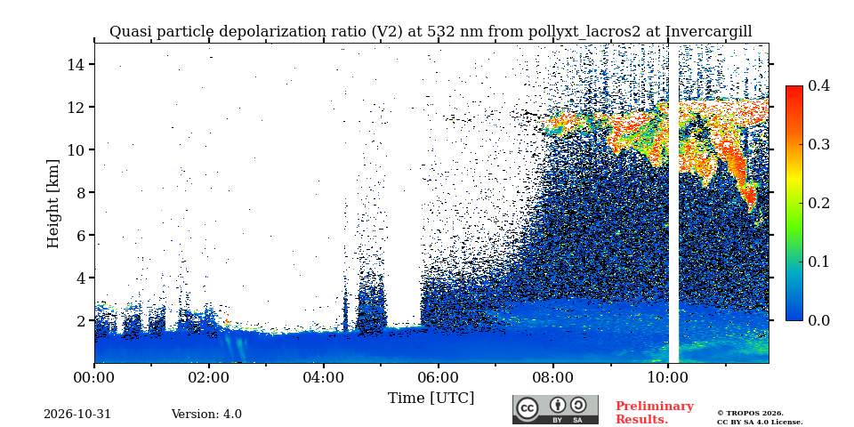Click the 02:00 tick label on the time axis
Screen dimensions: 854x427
pos(209,377)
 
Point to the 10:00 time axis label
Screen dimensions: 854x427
pos(668,377)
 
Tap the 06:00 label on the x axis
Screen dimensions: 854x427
pos(439,377)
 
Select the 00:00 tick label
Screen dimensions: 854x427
pos(95,377)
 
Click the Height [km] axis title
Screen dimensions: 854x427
pos(52,204)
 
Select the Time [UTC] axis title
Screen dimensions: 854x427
pos(431,399)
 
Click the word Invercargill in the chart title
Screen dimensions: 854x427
pos(709,32)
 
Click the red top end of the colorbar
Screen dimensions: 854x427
pos(794,88)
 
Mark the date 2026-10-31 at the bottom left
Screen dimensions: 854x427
pos(77,414)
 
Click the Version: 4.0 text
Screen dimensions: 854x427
pos(206,414)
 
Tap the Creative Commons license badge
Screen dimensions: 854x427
pos(555,409)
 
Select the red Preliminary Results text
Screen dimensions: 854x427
pos(655,413)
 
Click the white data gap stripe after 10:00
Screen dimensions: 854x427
pos(673,203)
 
